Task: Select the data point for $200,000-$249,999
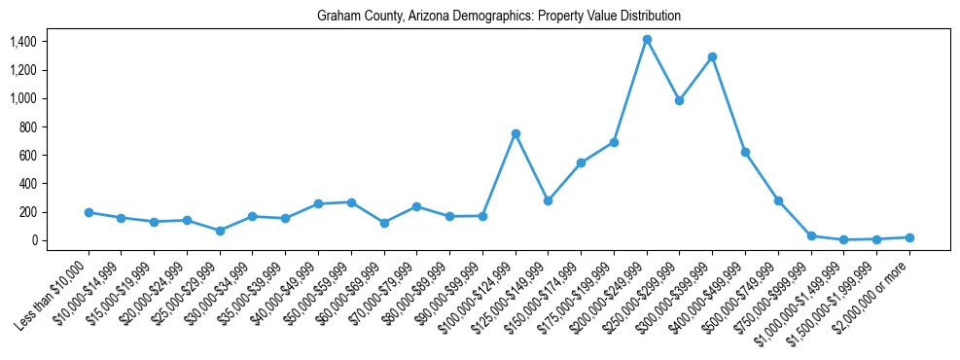click(x=647, y=40)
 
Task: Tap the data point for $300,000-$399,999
click(x=713, y=57)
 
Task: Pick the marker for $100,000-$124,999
click(x=516, y=133)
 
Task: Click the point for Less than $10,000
click(x=89, y=212)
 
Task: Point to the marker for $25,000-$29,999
click(x=220, y=231)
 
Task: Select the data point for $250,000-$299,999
click(x=680, y=100)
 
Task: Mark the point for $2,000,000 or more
click(x=909, y=237)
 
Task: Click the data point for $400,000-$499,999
click(x=745, y=152)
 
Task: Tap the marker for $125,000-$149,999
click(x=549, y=200)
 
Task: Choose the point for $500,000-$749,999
click(x=778, y=200)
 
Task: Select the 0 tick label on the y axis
click(x=33, y=240)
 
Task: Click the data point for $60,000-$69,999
click(x=384, y=223)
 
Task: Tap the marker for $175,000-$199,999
click(x=614, y=142)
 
